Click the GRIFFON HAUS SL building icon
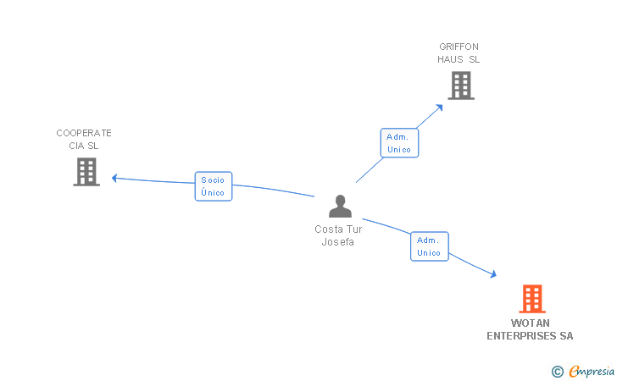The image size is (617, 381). click(460, 85)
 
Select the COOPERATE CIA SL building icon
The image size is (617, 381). click(86, 171)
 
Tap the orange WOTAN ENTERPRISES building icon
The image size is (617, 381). click(531, 299)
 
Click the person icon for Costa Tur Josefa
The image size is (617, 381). click(340, 207)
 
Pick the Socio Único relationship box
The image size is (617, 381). click(214, 186)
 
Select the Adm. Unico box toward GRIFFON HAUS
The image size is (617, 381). click(398, 143)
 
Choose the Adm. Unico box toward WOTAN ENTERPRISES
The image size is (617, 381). click(429, 246)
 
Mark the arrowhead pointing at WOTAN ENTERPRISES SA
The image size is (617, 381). click(492, 274)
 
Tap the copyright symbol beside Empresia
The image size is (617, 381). click(558, 371)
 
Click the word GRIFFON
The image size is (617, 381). click(459, 47)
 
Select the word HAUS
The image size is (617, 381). click(450, 59)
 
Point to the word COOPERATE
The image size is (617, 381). click(84, 133)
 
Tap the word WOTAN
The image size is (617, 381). click(531, 323)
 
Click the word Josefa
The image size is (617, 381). click(337, 242)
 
